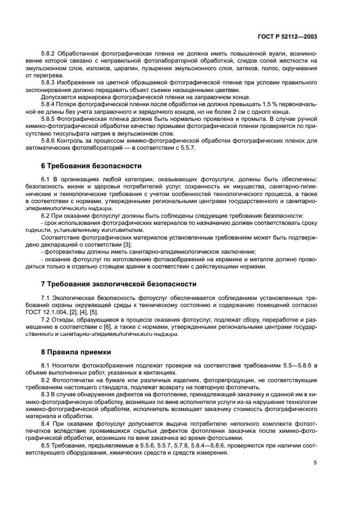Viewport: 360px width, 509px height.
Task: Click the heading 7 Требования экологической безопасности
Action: [x=119, y=284]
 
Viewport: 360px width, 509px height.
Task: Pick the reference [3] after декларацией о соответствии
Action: [x=127, y=244]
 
